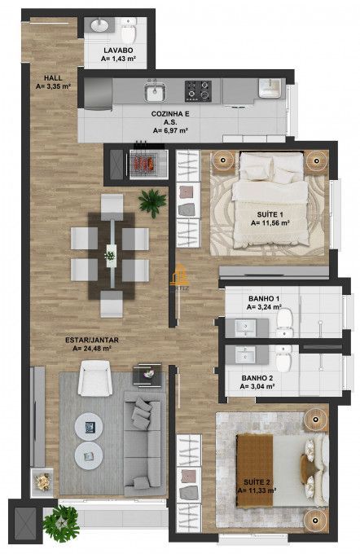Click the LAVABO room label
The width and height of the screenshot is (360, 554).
point(117,55)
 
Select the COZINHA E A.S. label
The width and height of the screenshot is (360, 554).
point(170,122)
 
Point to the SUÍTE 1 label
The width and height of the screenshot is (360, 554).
point(266,217)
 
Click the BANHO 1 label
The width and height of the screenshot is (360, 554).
point(265,304)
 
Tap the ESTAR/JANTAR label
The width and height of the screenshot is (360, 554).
point(89,342)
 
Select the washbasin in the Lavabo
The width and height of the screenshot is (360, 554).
point(99,27)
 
